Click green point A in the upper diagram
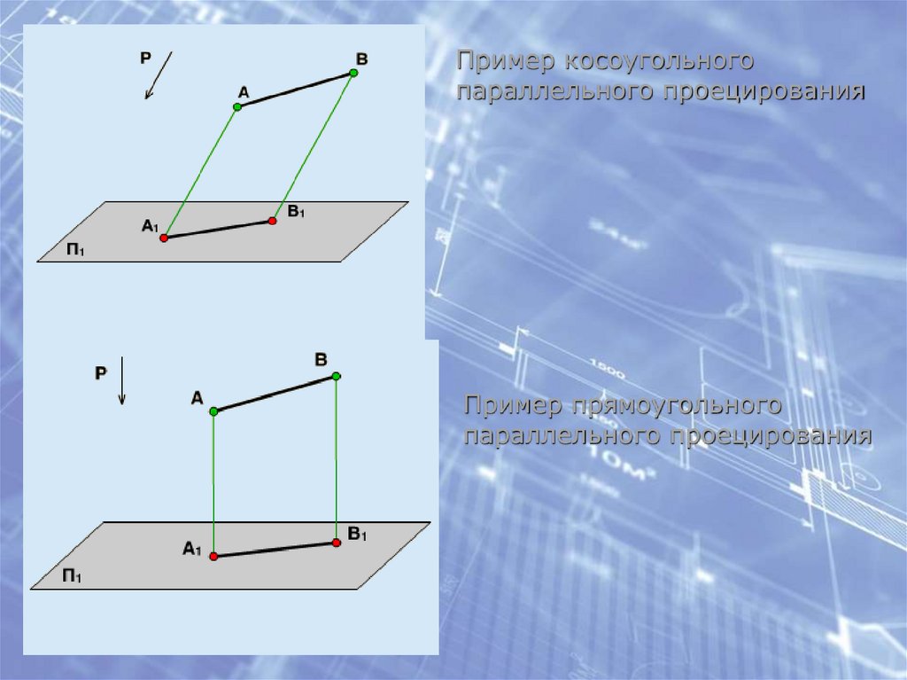click(237, 107)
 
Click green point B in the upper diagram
click(353, 73)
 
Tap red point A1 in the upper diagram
click(164, 238)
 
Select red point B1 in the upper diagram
click(273, 221)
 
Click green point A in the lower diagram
click(213, 411)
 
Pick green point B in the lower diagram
click(337, 377)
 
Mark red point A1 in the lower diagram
click(213, 557)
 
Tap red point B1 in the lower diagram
click(337, 543)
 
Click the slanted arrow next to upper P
click(159, 75)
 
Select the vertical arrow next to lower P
click(121, 380)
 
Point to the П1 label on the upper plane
click(75, 250)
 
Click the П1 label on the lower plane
click(72, 576)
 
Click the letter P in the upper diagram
click(145, 58)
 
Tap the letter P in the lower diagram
click(101, 373)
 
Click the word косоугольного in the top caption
click(658, 61)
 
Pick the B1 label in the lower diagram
click(358, 534)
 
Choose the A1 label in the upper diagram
click(150, 226)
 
